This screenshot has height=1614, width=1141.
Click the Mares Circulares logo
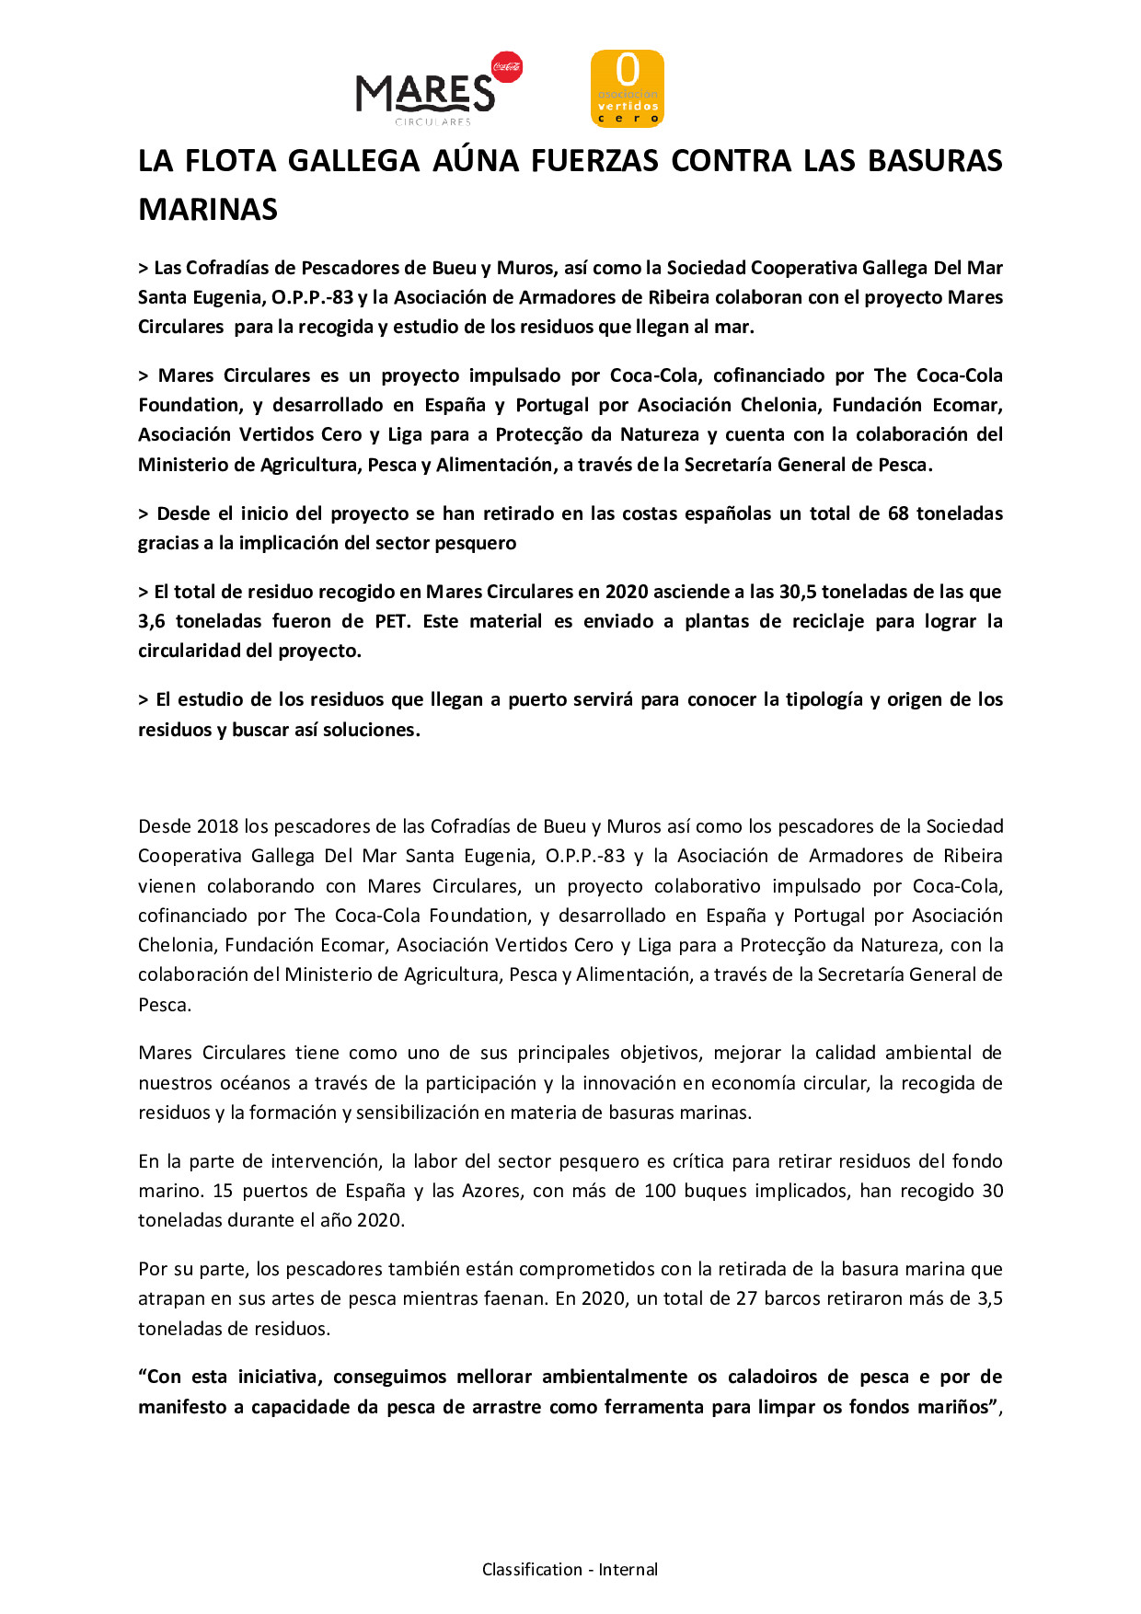point(425,95)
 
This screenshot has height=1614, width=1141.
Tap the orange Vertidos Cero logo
point(627,88)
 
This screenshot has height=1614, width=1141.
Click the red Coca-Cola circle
point(507,66)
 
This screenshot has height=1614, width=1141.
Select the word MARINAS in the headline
point(208,210)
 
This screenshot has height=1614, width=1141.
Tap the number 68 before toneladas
point(898,513)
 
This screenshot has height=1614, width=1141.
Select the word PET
point(392,621)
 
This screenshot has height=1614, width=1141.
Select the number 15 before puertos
point(223,1191)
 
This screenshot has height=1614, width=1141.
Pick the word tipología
point(824,699)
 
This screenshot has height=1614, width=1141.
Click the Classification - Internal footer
point(570,1570)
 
